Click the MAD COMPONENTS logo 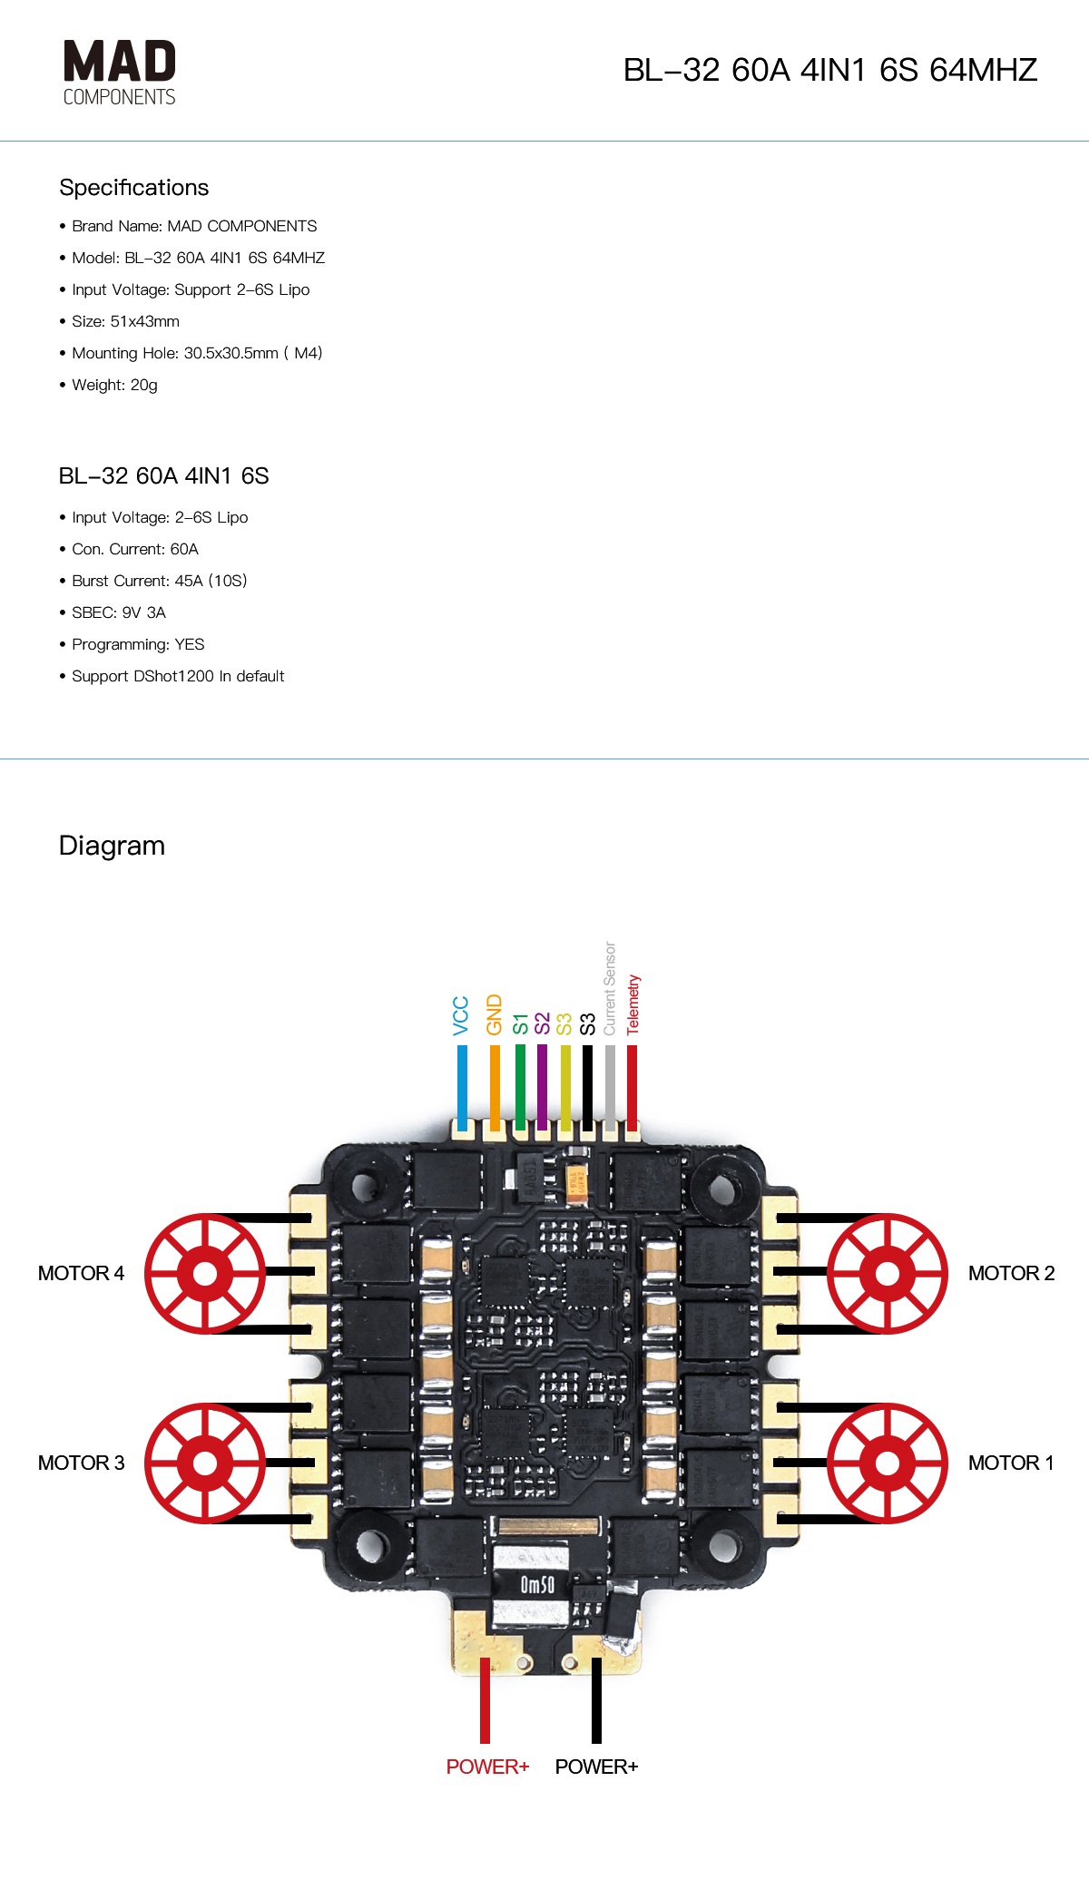119,73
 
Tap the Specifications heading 133,188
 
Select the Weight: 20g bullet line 114,385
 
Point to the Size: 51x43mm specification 125,321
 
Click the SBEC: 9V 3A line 119,612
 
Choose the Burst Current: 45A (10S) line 159,581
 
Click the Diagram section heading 112,846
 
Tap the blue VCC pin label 461,1015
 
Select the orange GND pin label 494,1014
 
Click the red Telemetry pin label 633,1004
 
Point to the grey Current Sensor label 610,988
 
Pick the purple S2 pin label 542,1023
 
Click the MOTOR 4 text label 81,1274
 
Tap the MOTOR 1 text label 1011,1463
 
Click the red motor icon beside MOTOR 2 887,1274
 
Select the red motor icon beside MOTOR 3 205,1463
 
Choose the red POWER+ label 487,1767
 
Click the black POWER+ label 596,1767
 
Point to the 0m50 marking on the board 536,1585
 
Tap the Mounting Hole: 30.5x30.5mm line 197,353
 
